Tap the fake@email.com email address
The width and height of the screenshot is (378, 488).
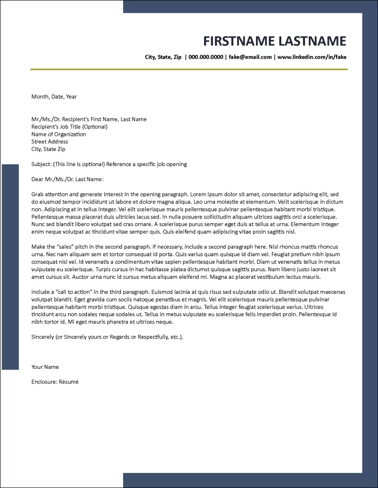[250, 57]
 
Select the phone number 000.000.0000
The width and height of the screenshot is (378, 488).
[206, 57]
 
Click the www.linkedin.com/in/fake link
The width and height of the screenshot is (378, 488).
[312, 57]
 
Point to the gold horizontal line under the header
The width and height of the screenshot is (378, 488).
[189, 70]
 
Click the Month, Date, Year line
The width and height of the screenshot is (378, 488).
[54, 97]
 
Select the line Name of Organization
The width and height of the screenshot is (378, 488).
[58, 134]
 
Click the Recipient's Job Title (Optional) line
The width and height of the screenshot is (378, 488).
[69, 127]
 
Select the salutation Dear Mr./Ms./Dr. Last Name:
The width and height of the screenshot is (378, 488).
[67, 179]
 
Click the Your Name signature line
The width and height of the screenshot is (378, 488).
[45, 367]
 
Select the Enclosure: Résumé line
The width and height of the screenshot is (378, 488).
[55, 382]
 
